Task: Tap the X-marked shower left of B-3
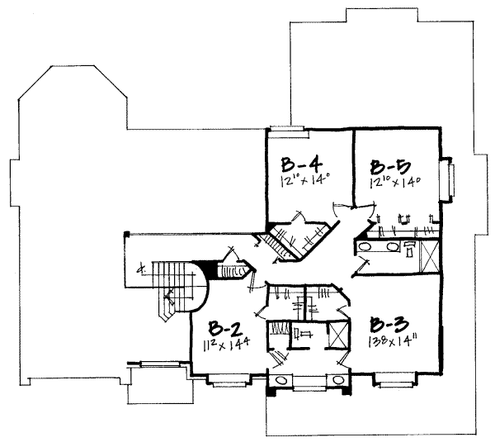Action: click(x=337, y=337)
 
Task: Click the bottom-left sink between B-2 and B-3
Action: click(x=280, y=379)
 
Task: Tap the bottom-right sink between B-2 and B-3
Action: click(x=338, y=379)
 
